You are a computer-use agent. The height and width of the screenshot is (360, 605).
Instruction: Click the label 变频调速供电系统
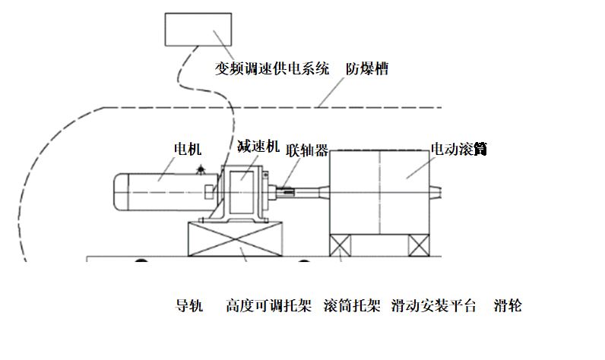click(x=272, y=69)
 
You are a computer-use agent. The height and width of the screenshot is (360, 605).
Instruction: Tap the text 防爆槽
click(x=368, y=69)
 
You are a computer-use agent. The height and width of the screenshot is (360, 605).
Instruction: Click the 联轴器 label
click(x=308, y=150)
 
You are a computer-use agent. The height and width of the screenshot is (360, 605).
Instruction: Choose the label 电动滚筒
click(x=458, y=149)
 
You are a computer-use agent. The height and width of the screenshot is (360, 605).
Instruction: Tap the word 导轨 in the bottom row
click(x=189, y=307)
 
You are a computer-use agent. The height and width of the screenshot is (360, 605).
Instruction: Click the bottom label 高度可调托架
click(x=268, y=307)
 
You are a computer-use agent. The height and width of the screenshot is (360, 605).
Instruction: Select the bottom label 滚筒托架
click(x=352, y=307)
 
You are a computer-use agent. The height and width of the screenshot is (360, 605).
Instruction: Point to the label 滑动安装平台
click(x=433, y=307)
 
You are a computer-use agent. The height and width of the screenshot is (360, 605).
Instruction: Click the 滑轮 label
click(x=507, y=307)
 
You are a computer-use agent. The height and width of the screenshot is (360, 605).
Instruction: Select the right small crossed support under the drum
click(x=419, y=245)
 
